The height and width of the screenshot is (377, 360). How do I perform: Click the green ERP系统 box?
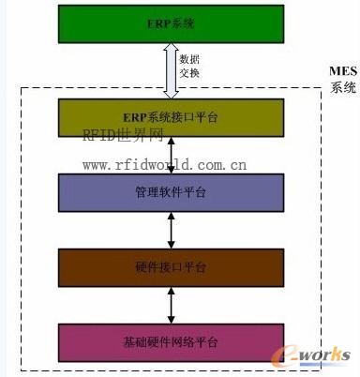[x=94, y=24]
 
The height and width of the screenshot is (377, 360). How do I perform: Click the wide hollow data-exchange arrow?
[x=170, y=70]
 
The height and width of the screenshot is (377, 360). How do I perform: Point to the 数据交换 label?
[x=188, y=66]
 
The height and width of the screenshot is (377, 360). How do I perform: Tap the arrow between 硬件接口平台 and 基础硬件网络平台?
[x=171, y=304]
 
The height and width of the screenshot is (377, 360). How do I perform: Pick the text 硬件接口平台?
[x=171, y=267]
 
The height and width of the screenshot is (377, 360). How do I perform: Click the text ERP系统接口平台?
[x=171, y=116]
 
